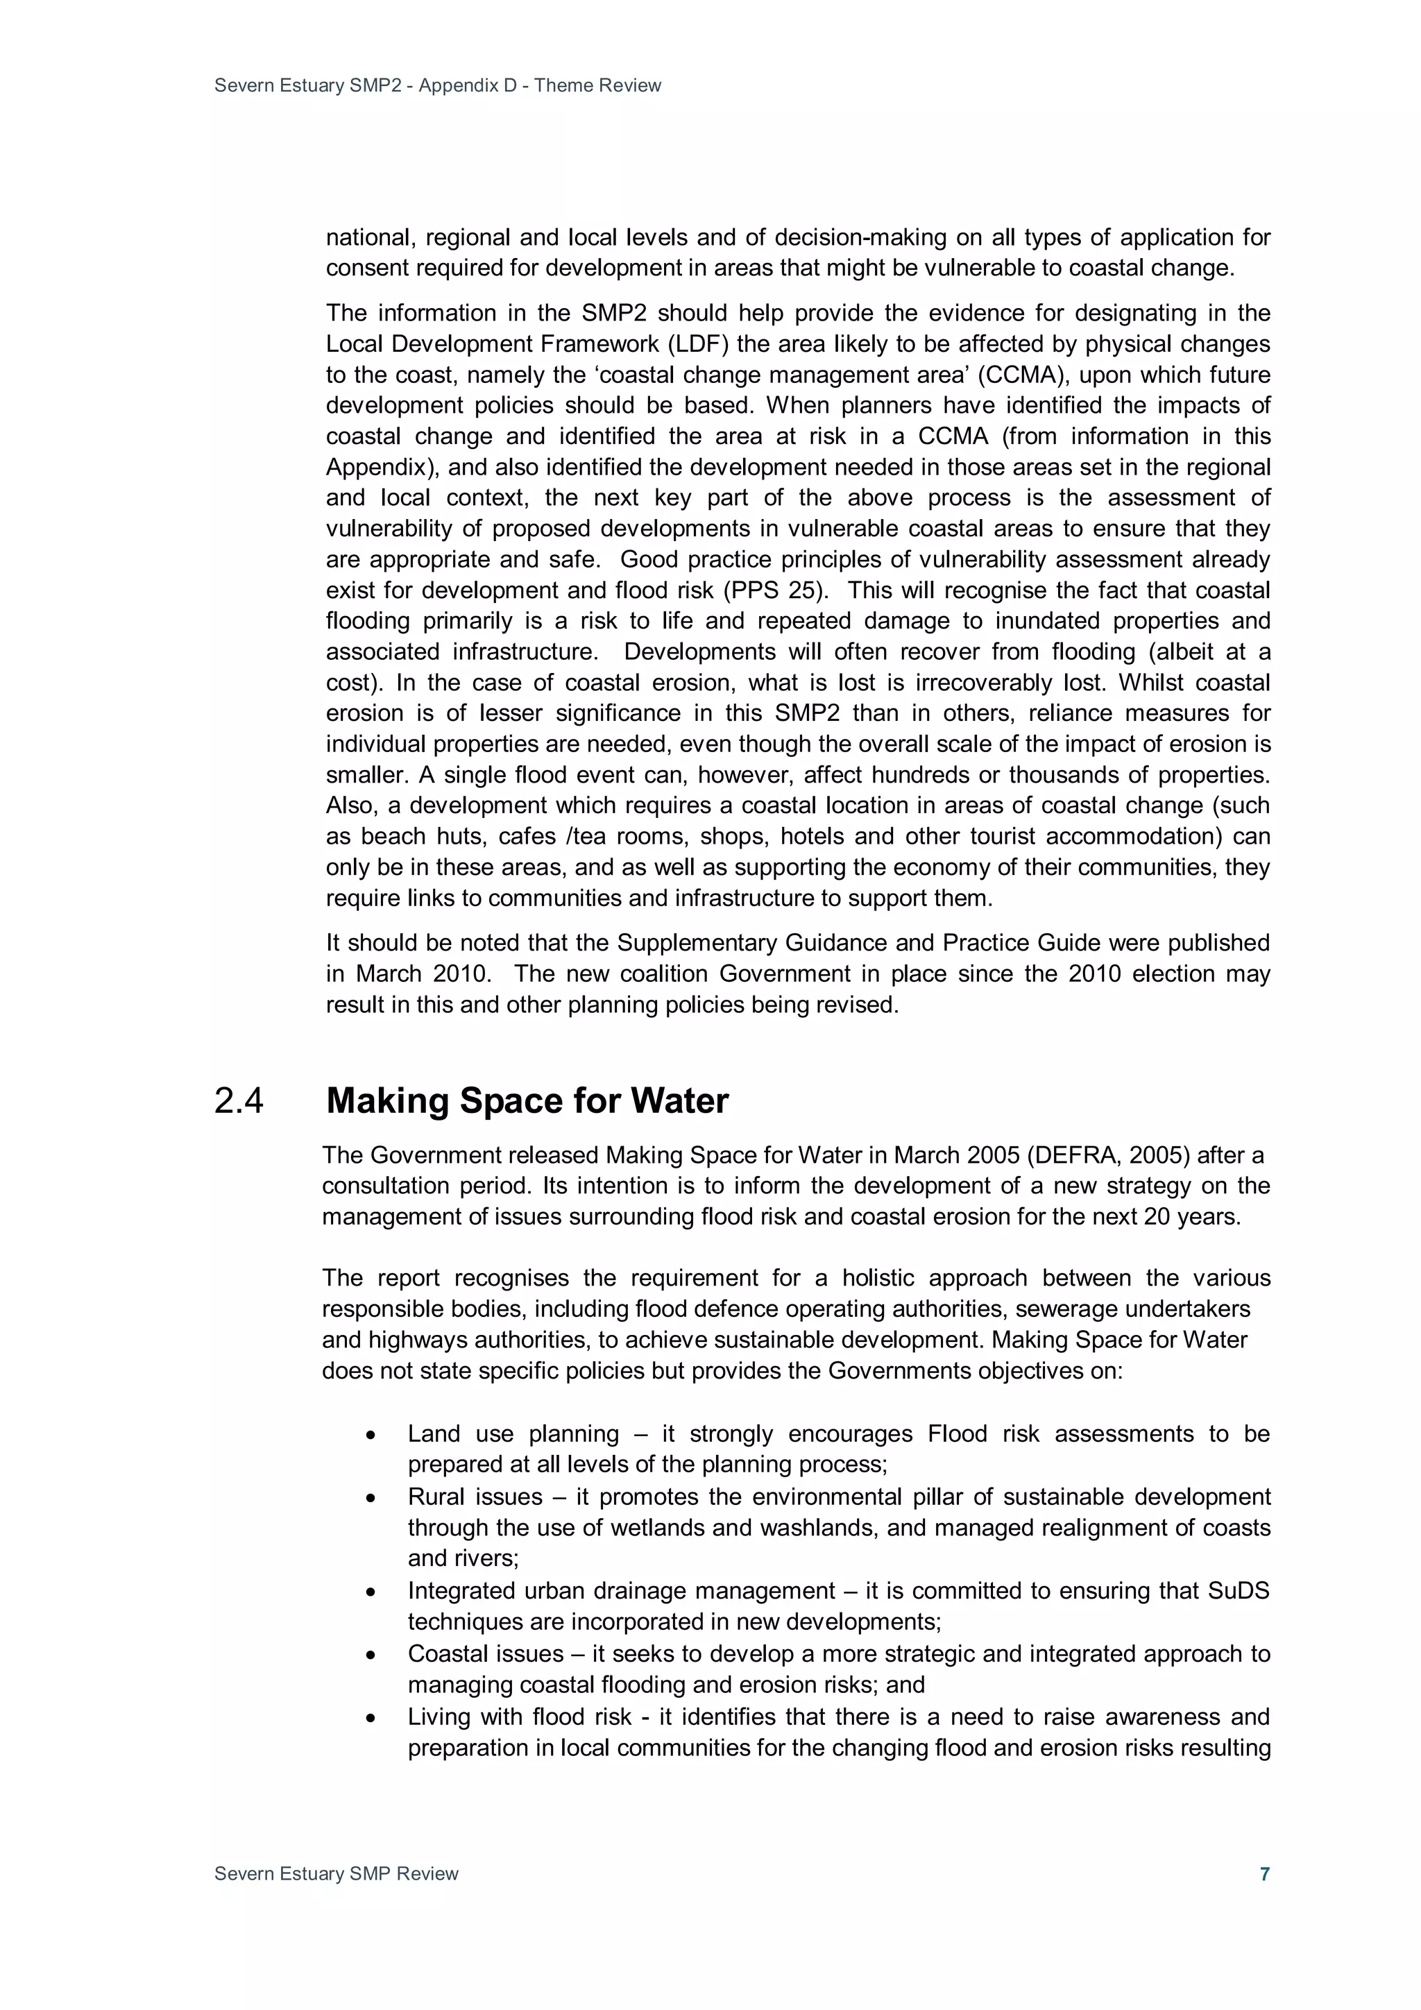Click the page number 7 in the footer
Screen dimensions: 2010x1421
point(1264,1873)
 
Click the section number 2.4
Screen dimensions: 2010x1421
point(238,1101)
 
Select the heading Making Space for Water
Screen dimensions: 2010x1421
point(527,1101)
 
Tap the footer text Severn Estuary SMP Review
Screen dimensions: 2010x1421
point(337,1873)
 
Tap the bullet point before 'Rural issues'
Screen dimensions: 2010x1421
point(371,1499)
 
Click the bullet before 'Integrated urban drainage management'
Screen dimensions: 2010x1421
point(371,1592)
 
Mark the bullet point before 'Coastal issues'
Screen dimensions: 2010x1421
point(371,1655)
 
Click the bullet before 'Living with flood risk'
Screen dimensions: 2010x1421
point(371,1719)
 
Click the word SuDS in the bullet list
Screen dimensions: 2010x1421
point(1238,1591)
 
